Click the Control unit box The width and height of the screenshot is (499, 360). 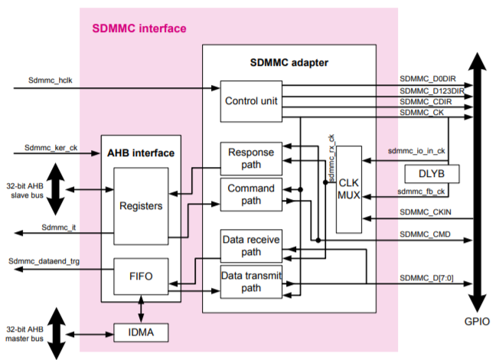[251, 101]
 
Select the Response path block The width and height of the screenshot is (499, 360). [251, 158]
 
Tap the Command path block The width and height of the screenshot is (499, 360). [251, 195]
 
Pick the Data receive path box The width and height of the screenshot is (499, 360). [251, 245]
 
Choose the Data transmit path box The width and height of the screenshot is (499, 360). [251, 282]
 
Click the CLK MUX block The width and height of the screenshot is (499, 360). [349, 188]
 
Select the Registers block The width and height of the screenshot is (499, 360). [142, 205]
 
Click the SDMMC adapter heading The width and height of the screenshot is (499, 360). [289, 61]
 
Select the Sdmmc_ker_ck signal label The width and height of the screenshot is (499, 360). [51, 147]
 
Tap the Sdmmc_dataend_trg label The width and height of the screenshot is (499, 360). [44, 261]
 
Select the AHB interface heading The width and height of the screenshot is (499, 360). [141, 152]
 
